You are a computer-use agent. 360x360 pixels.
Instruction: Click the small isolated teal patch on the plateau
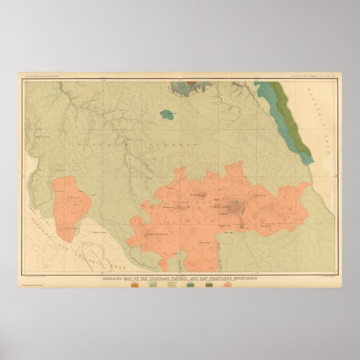coord(166,115)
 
